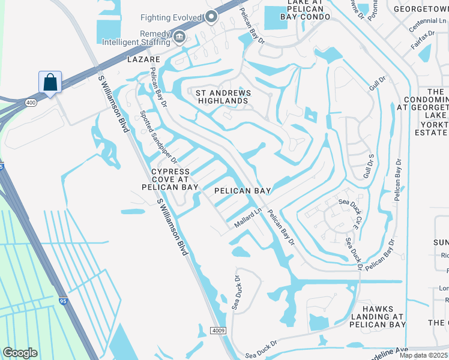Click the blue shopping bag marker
(50, 82)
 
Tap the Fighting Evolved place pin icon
(211, 17)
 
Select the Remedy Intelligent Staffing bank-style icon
(179, 38)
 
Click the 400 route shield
(31, 103)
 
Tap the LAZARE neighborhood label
(143, 60)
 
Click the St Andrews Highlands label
(222, 97)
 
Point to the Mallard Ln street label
(248, 218)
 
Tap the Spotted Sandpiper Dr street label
(158, 137)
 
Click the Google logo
(20, 352)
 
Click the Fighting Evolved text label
(171, 18)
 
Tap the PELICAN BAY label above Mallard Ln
(243, 191)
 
